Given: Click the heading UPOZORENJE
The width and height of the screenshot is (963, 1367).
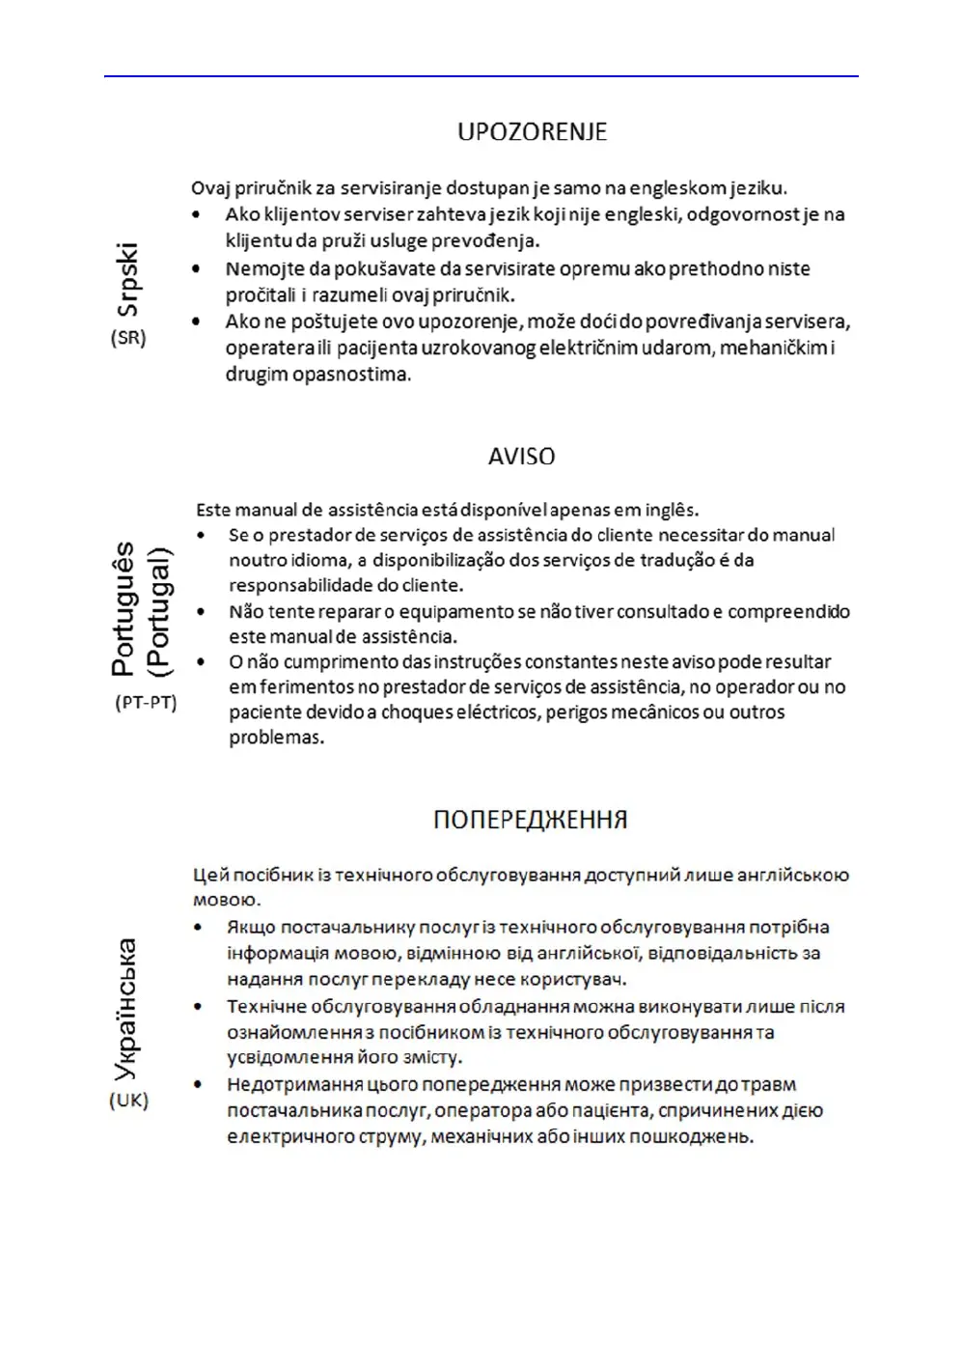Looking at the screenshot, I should pos(532,132).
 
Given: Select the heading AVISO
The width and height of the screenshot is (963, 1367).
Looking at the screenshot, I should pos(521,457).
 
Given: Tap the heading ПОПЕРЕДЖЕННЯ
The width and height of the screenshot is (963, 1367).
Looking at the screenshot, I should pos(530,821).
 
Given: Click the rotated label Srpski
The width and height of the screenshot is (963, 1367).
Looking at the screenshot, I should pos(128,280).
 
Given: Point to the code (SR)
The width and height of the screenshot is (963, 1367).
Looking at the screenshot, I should pos(128,338).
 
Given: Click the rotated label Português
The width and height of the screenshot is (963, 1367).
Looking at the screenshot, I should pos(124,609).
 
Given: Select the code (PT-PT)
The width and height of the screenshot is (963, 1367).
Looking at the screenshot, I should pos(146,703).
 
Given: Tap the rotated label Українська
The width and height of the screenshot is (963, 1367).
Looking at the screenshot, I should pos(125,1010).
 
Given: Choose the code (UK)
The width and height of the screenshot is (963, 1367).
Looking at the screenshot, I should pos(128,1101).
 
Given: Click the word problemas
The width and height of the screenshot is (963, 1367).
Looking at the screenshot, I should pos(276,738).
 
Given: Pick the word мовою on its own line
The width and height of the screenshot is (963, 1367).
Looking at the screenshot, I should pos(226,901).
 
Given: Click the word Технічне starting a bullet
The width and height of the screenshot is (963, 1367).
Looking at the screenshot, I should pos(266,1007).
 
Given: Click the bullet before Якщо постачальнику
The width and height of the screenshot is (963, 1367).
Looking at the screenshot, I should pos(199,928).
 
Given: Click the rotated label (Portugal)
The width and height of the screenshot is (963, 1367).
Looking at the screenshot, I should pos(158,611).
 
